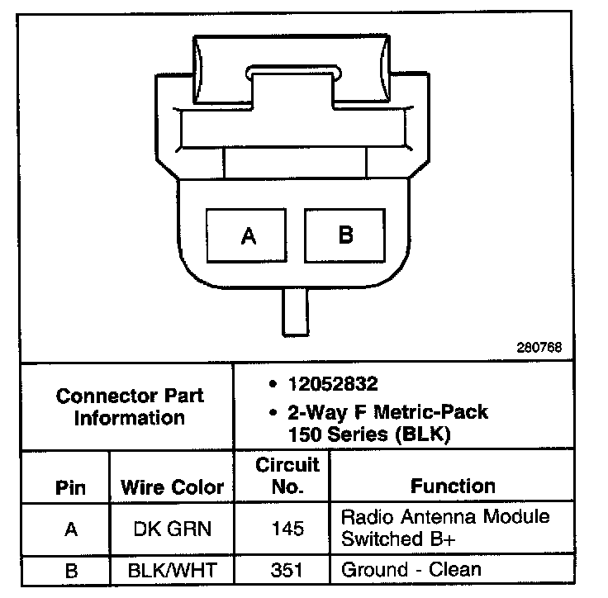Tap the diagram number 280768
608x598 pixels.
pyautogui.click(x=539, y=348)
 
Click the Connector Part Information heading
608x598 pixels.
pyautogui.click(x=130, y=406)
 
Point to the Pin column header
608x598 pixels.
pyautogui.click(x=71, y=486)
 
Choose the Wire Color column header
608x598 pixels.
pyautogui.click(x=173, y=486)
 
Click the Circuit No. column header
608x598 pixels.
pyautogui.click(x=287, y=475)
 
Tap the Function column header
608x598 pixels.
pyautogui.click(x=453, y=486)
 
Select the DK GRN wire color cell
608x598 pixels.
pyautogui.click(x=173, y=529)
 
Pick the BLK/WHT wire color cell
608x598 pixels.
pyautogui.click(x=173, y=569)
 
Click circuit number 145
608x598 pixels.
pyautogui.click(x=287, y=529)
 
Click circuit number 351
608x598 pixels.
pyautogui.click(x=287, y=569)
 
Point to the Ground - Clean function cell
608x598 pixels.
pyautogui.click(x=411, y=569)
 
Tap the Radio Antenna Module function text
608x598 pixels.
pyautogui.click(x=445, y=518)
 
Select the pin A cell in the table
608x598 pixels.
pyautogui.click(x=71, y=529)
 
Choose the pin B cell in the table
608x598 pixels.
pyautogui.click(x=71, y=569)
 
